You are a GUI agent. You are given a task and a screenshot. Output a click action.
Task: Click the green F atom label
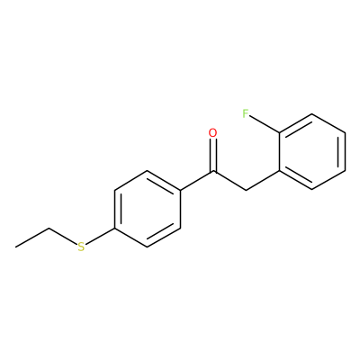(246, 113)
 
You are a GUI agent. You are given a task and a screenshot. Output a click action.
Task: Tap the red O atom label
(212, 133)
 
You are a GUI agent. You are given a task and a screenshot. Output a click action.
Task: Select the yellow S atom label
(81, 247)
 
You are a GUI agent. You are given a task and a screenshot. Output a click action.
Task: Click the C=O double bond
(213, 155)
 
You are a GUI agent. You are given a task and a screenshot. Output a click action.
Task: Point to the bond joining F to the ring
(265, 124)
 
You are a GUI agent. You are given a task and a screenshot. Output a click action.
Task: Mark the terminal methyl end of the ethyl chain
(16, 247)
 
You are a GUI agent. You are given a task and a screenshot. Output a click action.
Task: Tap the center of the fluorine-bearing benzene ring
(312, 151)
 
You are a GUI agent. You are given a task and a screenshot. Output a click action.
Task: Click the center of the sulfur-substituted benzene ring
(148, 209)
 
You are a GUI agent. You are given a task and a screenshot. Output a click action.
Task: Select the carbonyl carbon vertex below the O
(213, 171)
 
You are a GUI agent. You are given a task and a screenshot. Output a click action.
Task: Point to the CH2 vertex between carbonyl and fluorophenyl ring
(246, 190)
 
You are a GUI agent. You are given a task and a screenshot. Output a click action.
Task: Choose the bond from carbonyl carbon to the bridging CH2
(229, 181)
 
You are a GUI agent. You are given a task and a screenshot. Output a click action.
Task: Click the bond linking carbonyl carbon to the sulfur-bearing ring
(197, 181)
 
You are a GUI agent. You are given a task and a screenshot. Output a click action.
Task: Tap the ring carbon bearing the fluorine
(279, 132)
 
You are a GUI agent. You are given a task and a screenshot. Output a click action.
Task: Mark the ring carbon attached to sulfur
(114, 229)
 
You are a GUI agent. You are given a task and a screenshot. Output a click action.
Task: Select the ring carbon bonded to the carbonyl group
(180, 190)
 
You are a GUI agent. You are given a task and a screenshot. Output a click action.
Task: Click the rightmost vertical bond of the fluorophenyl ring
(345, 152)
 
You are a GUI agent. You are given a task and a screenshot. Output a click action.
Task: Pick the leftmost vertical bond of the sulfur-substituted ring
(114, 209)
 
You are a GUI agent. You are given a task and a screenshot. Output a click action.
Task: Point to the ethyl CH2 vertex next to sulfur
(49, 229)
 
